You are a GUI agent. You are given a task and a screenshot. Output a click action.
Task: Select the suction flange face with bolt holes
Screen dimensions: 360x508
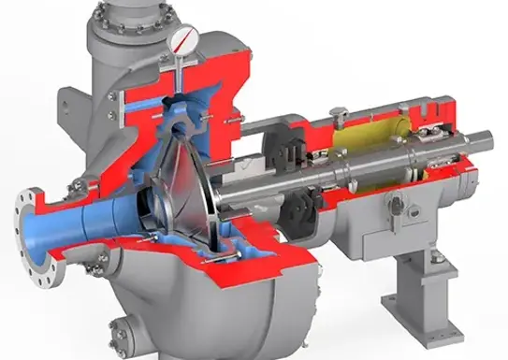click(28, 223)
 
